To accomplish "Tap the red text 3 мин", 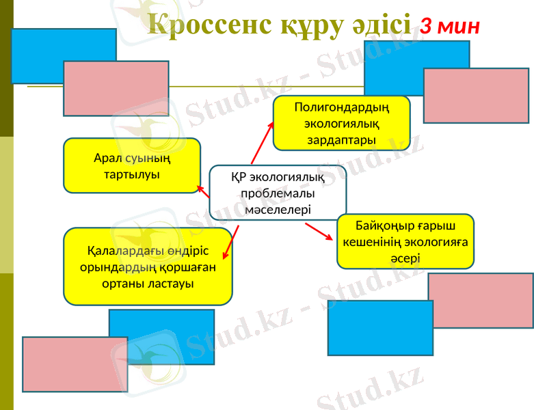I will (449, 26).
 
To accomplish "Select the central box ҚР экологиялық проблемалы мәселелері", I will (278, 193).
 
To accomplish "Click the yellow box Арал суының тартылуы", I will (132, 165).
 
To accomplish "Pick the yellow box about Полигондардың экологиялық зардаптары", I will (341, 123).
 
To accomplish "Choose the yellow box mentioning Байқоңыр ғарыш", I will (405, 241).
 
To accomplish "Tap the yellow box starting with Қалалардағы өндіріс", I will (148, 266).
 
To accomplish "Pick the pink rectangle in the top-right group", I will (476, 95).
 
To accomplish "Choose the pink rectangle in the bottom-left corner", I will (66, 364).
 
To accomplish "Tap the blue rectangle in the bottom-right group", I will (380, 328).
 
